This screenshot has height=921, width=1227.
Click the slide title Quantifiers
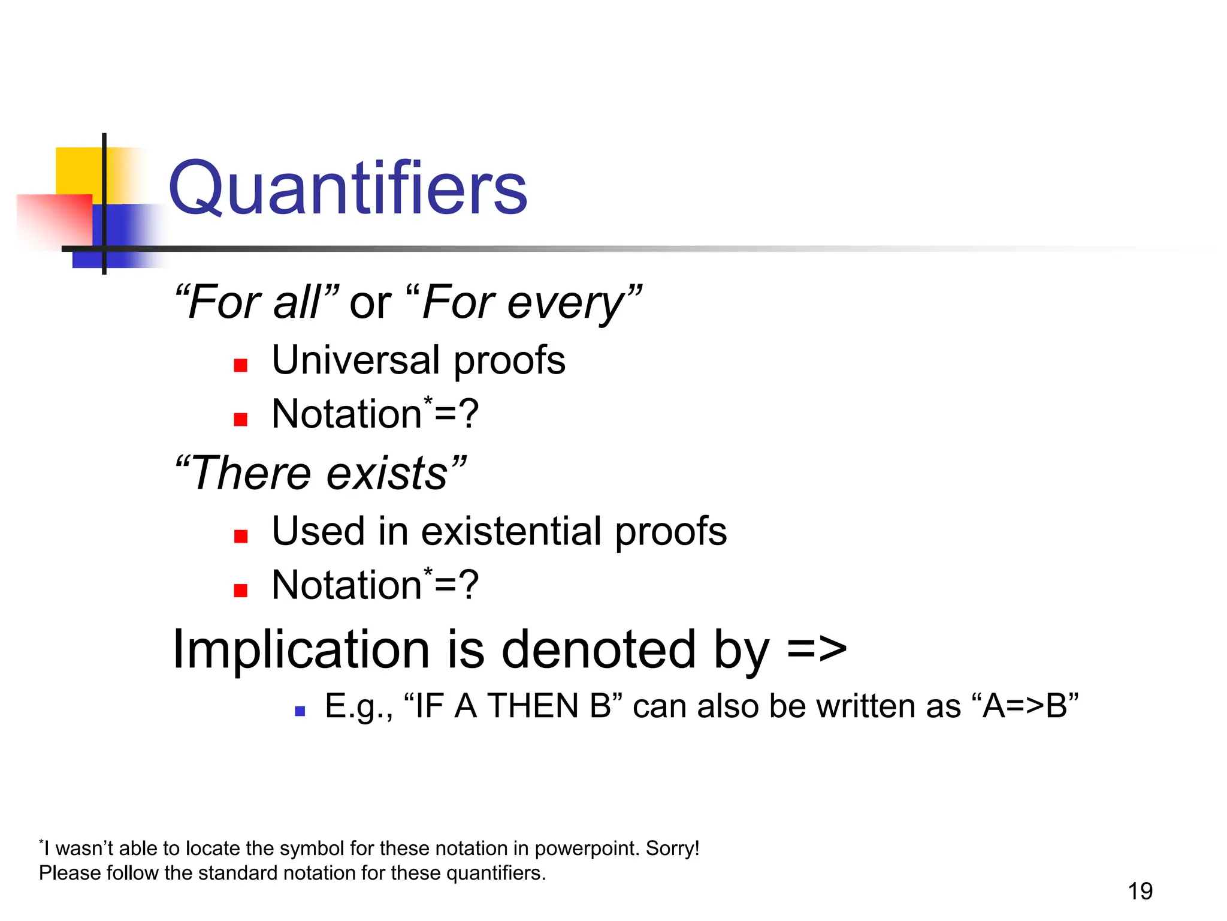tap(347, 188)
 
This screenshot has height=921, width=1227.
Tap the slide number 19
tap(1140, 891)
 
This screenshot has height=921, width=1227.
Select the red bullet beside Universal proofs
tap(241, 365)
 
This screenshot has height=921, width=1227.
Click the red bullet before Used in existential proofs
tap(241, 536)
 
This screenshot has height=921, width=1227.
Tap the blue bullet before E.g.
tap(300, 712)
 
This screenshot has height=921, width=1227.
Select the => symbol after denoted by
tap(817, 650)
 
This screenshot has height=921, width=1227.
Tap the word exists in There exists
tap(387, 474)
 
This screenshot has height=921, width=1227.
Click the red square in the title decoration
tap(57, 219)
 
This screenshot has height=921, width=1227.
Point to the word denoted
tap(599, 650)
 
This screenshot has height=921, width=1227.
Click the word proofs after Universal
tap(509, 362)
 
